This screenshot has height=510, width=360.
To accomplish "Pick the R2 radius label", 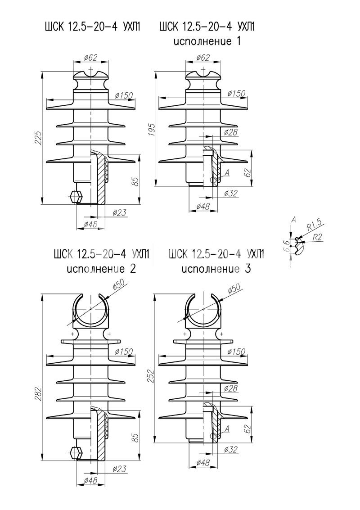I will pos(317,236).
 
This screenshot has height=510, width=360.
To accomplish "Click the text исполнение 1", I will pos(207,42).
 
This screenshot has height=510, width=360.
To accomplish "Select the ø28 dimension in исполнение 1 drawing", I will pos(230,132).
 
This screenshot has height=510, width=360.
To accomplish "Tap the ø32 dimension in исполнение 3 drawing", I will pos(230,449).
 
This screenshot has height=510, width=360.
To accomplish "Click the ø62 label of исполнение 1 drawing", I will pos(203,58).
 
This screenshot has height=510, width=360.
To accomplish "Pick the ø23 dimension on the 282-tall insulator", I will pos(118,469).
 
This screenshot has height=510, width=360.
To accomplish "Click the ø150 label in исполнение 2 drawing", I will pos(123,351).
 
